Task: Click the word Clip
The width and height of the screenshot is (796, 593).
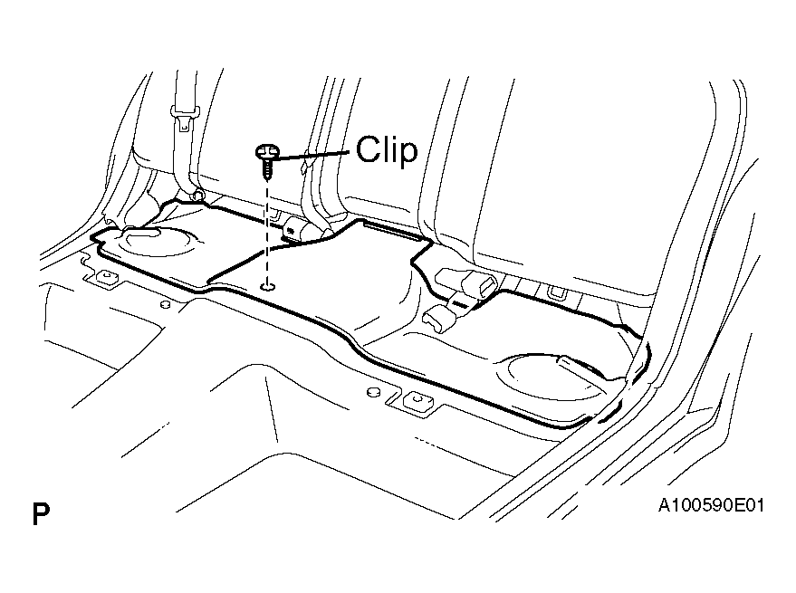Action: pos(387,149)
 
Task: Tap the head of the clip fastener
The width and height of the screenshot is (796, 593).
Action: pos(267,151)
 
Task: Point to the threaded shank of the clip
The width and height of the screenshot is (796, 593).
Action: pos(267,168)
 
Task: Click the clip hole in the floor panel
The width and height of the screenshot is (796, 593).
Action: pos(267,287)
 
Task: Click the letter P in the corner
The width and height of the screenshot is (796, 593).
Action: pos(41,514)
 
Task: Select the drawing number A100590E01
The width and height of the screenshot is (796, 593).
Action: pos(711,505)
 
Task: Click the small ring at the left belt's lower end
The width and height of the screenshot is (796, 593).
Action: pos(198,195)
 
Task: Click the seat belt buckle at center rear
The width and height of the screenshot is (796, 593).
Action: pos(298,229)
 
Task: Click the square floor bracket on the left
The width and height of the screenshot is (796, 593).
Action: pos(106,277)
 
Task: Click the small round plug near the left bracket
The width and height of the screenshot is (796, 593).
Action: pos(164,304)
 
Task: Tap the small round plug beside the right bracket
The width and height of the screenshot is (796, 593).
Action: pos(374,392)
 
